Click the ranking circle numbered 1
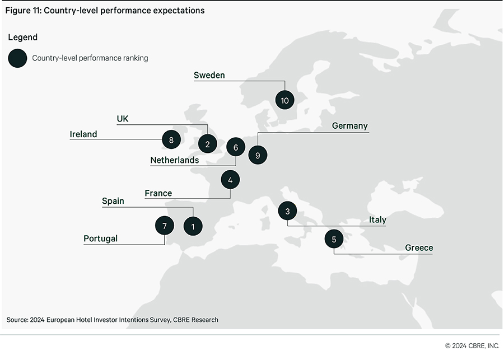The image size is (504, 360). pos(193,226)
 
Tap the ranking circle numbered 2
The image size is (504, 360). pos(207,144)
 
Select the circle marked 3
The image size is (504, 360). pos(287,211)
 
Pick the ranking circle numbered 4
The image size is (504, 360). pos(230,180)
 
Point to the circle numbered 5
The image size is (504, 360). pos(334,239)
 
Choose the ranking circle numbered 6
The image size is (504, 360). pos(236,148)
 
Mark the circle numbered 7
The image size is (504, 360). pos(165,226)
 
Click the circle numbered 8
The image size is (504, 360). pos(171,139)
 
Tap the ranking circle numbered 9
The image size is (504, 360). pos(258,155)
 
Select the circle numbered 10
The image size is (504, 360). pos(285,100)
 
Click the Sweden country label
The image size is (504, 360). pos(209,75)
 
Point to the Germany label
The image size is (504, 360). pos(349,125)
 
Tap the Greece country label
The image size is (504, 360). pos(419,247)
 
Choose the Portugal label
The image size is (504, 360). pos(101,239)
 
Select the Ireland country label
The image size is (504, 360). pos(83,134)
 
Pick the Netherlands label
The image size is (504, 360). pos(175,160)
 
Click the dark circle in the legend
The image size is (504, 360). pos(18,58)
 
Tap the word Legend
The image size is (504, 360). pos(23,38)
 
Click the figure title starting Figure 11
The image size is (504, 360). pos(105,10)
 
